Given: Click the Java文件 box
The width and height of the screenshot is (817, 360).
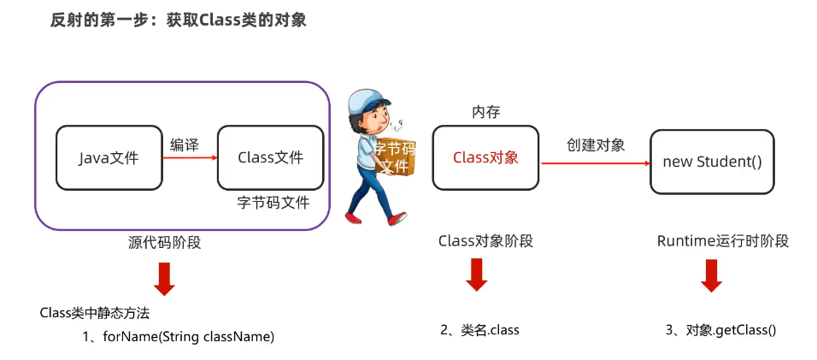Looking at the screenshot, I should tap(109, 157).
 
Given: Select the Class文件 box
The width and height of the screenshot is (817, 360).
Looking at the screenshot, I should tap(271, 157).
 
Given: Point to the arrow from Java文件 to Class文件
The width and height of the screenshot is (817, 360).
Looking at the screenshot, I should tap(189, 157).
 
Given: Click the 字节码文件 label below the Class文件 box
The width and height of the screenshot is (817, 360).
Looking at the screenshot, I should tap(273, 203).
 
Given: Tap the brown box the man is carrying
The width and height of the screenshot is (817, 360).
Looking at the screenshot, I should tap(395, 157).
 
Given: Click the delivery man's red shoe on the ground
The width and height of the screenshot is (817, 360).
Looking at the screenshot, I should tap(397, 220).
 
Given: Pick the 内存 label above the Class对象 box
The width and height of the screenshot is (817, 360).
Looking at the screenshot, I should tap(485, 112).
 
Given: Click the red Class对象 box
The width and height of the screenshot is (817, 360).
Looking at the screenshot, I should tap(485, 157).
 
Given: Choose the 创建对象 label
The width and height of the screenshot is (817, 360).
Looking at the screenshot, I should tap(596, 145).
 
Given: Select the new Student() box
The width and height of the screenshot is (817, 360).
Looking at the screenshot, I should tap(712, 161).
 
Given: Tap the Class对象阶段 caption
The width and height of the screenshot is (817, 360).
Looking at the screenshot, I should tap(485, 241).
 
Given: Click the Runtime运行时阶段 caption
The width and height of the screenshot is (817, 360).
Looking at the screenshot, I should tap(722, 241).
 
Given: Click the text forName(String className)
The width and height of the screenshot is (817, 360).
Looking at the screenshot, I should tap(189, 336).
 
